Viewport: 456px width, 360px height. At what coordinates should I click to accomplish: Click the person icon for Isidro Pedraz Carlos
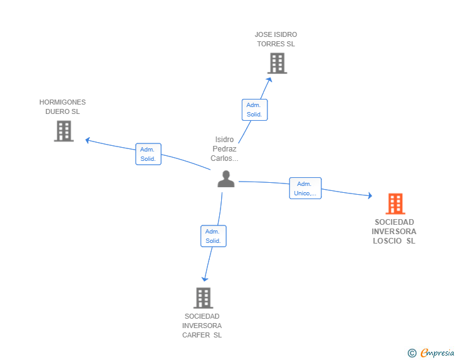click(x=225, y=179)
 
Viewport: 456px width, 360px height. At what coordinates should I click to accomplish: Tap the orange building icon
click(x=395, y=204)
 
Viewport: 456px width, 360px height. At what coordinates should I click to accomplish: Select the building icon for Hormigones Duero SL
click(x=63, y=131)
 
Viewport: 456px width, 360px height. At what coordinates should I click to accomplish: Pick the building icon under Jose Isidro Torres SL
click(x=277, y=63)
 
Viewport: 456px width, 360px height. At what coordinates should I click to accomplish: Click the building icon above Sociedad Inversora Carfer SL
click(x=202, y=298)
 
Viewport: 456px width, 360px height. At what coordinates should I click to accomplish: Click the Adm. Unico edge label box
click(x=305, y=188)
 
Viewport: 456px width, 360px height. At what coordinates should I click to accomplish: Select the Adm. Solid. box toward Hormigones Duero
click(x=148, y=154)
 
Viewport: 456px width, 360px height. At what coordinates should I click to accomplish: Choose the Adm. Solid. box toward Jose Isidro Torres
click(x=254, y=110)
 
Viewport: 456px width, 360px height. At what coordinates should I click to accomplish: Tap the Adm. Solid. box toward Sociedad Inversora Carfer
click(x=213, y=236)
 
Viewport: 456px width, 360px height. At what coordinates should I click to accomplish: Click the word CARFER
click(x=195, y=335)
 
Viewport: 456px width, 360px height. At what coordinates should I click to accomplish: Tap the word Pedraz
click(x=225, y=149)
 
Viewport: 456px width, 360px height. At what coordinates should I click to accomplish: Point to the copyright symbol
click(x=412, y=353)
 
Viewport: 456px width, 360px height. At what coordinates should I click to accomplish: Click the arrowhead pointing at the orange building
click(x=370, y=196)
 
